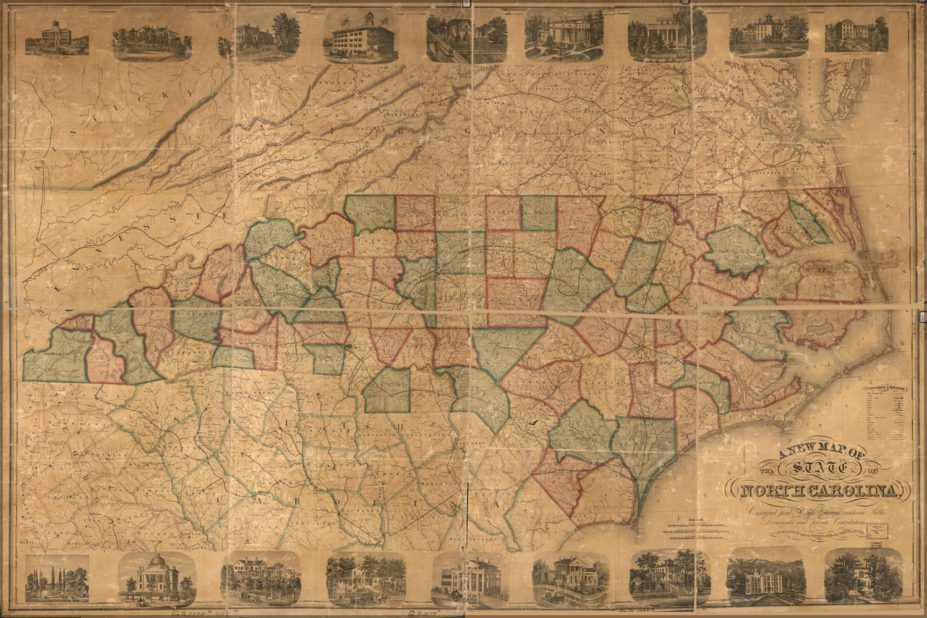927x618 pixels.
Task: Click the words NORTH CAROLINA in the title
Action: [822, 491]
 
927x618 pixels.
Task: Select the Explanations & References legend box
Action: [887, 420]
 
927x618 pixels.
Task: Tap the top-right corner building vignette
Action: [857, 34]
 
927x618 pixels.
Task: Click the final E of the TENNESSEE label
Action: [227, 214]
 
